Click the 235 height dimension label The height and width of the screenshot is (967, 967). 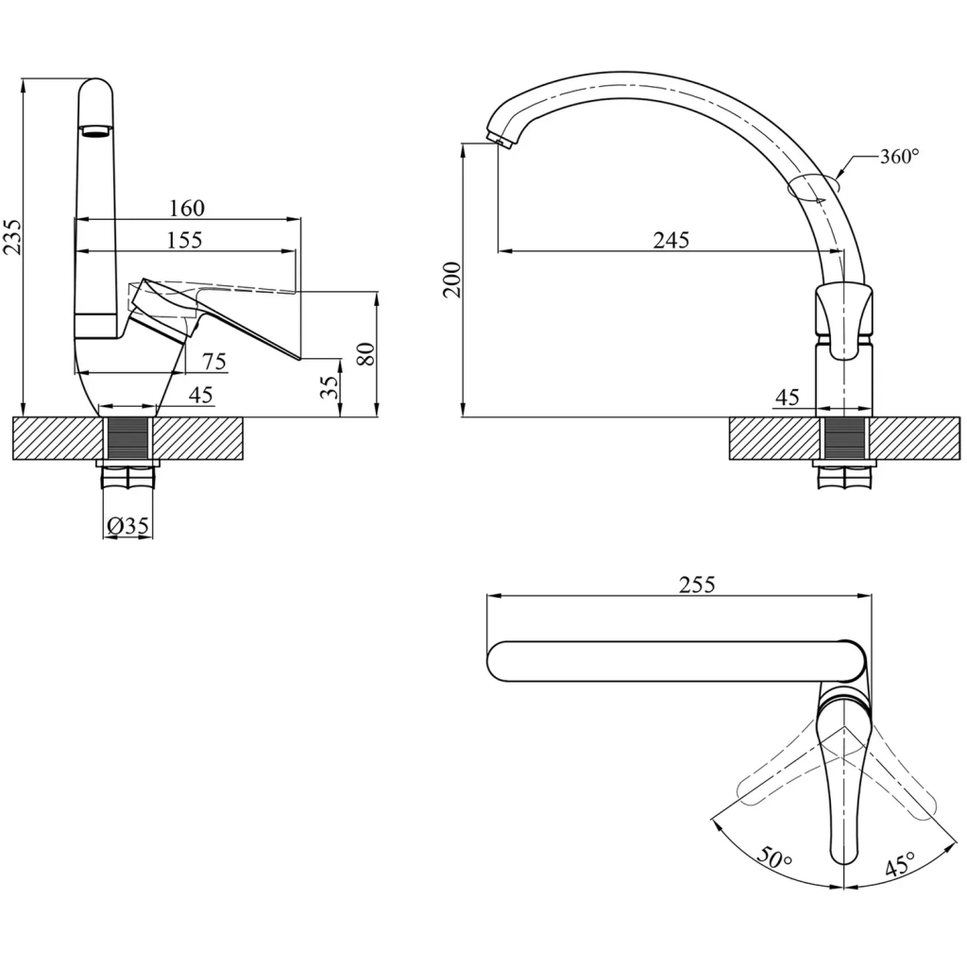[13, 236]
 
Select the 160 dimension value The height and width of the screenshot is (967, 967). [187, 208]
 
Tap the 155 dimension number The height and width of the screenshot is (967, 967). [184, 240]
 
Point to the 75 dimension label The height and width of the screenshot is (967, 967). [214, 362]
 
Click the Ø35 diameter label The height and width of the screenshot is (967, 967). [127, 526]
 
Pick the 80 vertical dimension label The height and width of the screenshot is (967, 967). [365, 354]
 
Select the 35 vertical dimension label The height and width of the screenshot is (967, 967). [331, 386]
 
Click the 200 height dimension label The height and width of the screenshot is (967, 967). [453, 280]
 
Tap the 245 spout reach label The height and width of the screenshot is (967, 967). [671, 240]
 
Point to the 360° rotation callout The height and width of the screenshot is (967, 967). [899, 157]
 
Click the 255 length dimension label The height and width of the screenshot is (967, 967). [697, 584]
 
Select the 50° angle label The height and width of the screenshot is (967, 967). [774, 857]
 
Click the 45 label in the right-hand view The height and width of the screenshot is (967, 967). [787, 398]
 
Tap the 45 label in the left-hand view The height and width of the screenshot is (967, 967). [200, 395]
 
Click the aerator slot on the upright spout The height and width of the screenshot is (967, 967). [96, 130]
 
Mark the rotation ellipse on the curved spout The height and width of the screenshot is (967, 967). [814, 186]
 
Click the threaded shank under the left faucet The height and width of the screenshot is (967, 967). [127, 438]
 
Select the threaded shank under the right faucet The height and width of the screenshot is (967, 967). [844, 438]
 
